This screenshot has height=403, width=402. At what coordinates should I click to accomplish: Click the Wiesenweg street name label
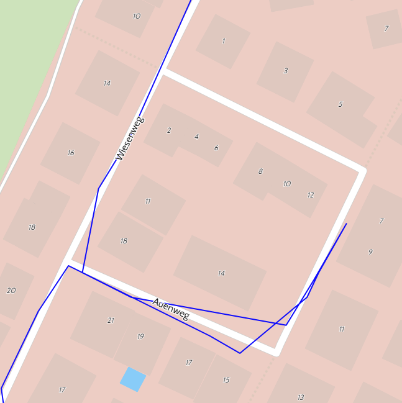130,138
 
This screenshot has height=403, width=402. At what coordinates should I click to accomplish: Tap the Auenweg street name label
171,309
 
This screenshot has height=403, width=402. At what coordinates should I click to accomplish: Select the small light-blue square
133,379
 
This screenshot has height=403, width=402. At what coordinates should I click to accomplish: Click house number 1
224,41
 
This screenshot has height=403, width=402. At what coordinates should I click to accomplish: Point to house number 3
286,71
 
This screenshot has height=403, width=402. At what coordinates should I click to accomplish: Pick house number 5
340,104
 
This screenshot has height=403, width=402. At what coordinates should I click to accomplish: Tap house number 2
169,130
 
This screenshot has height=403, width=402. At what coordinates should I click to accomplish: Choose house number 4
197,137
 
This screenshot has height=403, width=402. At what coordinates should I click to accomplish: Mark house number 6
216,148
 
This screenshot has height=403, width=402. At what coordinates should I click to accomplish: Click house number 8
260,171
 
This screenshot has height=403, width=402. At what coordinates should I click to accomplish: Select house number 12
311,195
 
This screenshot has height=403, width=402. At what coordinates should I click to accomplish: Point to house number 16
71,153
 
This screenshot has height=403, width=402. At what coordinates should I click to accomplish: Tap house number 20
11,291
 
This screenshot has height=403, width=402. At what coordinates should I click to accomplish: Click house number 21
111,320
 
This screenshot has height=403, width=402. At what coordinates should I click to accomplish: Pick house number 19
140,337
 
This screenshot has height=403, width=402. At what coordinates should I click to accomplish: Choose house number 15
226,380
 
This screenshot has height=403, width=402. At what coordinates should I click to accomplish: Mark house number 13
301,397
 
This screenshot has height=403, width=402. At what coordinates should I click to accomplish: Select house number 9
370,252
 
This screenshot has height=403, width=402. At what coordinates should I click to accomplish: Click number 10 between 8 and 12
287,184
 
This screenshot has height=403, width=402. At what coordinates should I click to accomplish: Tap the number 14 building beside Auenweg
221,273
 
